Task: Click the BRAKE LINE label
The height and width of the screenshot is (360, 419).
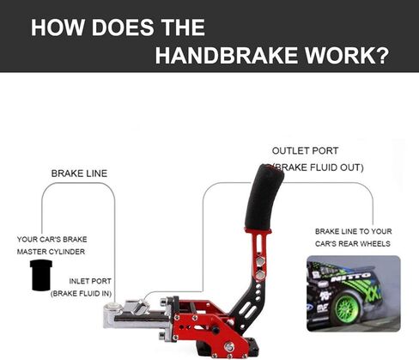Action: pos(79,174)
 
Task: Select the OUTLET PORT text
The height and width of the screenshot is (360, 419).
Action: pos(305,151)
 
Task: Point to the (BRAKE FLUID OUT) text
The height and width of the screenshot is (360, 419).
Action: pos(318,168)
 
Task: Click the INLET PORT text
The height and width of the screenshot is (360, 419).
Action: pos(90,281)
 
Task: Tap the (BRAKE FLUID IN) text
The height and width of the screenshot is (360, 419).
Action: pos(81,294)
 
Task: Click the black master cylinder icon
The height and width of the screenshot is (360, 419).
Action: pos(41,275)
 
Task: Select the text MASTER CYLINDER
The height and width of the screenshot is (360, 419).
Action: pos(51,252)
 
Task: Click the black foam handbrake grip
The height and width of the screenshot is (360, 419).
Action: pos(264,197)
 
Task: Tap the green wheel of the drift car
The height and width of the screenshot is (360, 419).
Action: pos(346,308)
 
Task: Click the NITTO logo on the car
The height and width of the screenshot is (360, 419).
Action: pos(351,277)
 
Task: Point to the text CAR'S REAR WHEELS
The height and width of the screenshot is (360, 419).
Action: pos(353,244)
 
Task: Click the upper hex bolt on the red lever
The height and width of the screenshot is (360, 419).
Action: pos(260,261)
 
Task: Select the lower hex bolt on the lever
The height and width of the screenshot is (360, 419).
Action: pos(259,275)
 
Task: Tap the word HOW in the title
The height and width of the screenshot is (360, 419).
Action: pos(58,27)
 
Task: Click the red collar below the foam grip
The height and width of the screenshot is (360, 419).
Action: pos(258,230)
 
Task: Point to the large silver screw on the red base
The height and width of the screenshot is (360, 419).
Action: pos(229,347)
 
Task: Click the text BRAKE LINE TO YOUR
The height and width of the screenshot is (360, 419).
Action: pos(354,231)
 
